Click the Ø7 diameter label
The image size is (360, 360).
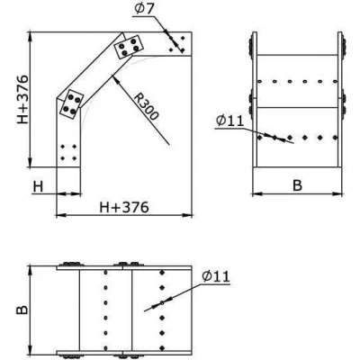[x=144, y=9]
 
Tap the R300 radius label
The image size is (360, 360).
[x=146, y=107]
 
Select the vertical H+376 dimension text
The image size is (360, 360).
[x=22, y=99]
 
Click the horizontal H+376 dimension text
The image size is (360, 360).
[x=124, y=207]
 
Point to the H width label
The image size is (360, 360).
[x=38, y=187]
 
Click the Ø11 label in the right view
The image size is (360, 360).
[x=230, y=121]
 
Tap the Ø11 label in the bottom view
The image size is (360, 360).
[x=216, y=276]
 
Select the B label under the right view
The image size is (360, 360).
[x=297, y=185]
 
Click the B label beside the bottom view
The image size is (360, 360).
[x=22, y=310]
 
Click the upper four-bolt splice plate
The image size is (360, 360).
[x=130, y=47]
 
